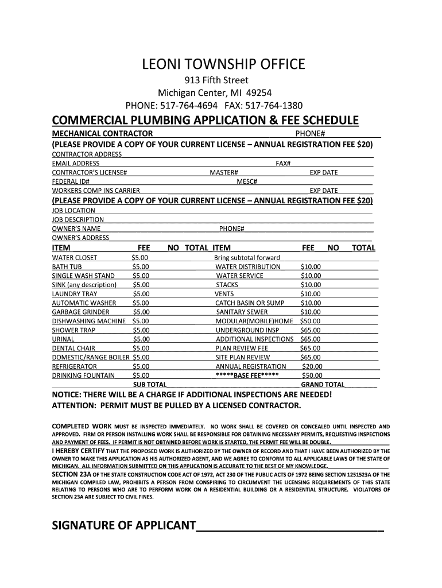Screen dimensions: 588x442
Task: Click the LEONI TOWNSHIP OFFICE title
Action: coord(224,64)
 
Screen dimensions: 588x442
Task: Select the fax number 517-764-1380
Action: coord(274,106)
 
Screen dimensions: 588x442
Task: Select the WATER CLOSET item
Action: coord(75,258)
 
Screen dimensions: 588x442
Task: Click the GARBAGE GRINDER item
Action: coord(80,312)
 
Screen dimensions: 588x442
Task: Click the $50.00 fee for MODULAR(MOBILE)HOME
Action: coord(311,321)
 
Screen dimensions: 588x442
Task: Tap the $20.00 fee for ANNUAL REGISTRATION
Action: coord(312,366)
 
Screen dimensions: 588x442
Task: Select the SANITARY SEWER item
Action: coord(239,312)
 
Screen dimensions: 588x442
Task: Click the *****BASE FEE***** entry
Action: coord(247,375)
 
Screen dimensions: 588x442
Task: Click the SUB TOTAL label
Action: coord(150,385)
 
